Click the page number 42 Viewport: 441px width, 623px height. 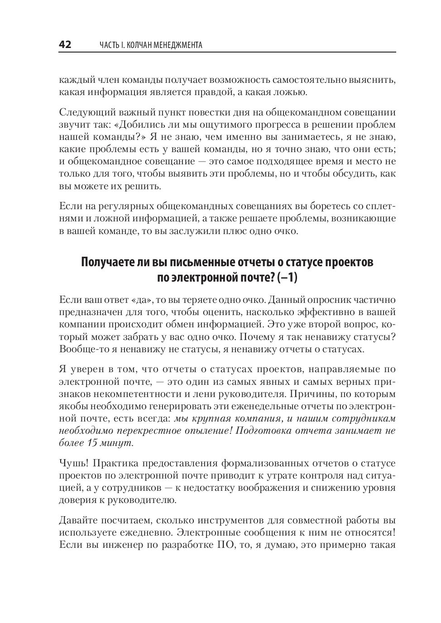65,44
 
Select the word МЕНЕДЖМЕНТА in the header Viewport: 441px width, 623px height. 178,45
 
